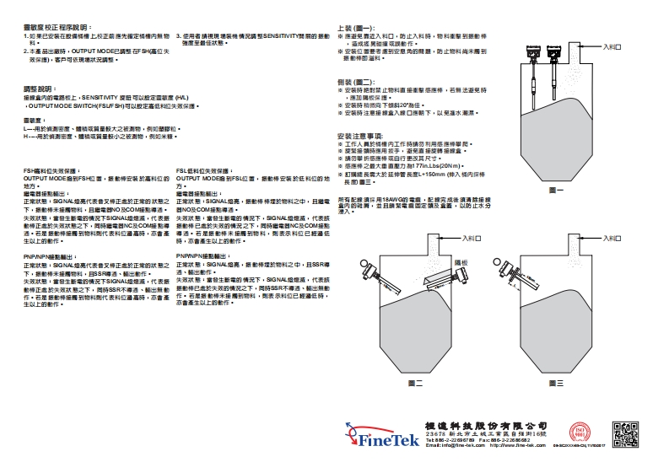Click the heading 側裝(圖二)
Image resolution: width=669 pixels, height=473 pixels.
click(x=355, y=81)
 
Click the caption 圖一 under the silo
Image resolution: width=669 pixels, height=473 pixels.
click(x=556, y=192)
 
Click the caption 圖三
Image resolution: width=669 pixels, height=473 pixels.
click(x=555, y=383)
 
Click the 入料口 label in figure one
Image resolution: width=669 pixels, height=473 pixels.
click(x=613, y=47)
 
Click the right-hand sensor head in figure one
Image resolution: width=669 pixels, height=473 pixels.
click(x=557, y=51)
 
